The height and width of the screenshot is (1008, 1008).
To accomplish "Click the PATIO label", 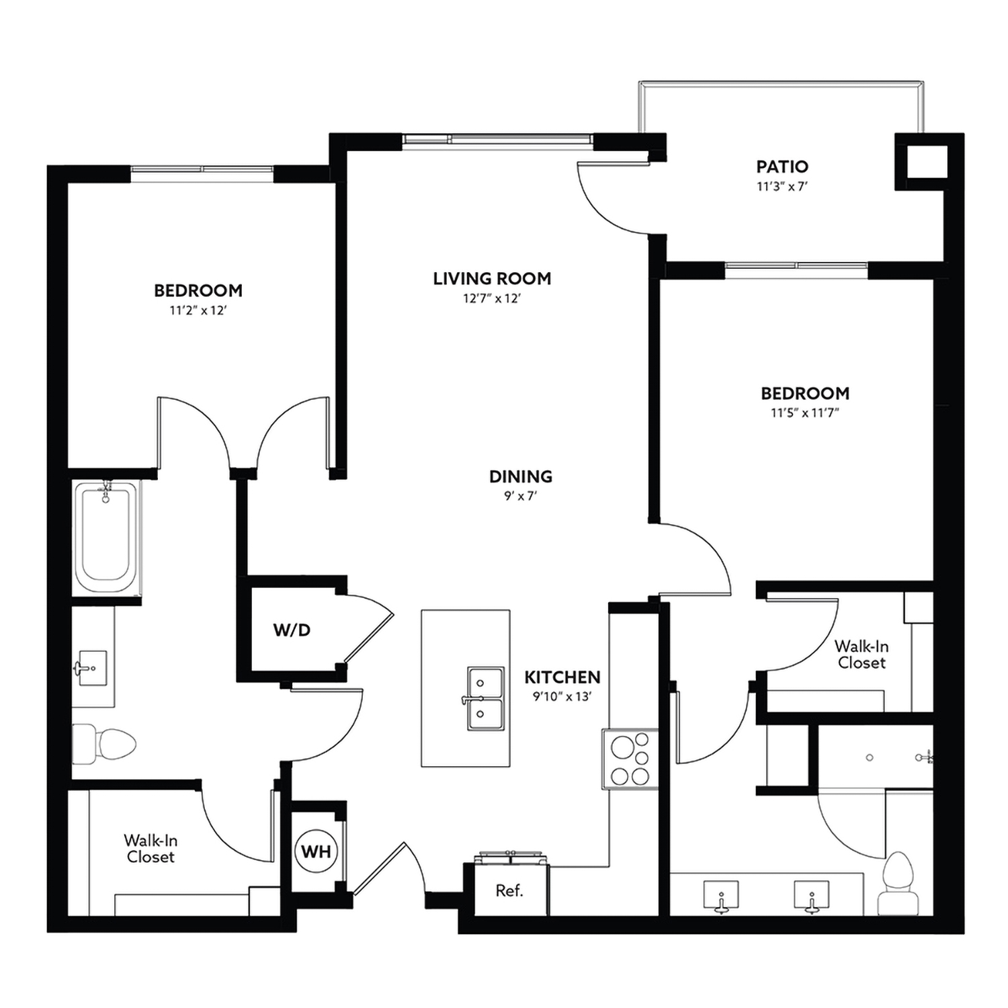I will click(782, 167).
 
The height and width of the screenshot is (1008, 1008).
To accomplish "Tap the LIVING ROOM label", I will click(492, 278).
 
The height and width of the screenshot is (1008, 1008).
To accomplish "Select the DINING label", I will click(520, 476).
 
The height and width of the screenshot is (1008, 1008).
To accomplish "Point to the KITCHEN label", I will click(562, 677).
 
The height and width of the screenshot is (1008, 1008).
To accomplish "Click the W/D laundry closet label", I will click(292, 630).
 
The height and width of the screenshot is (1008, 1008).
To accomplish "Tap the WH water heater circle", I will click(316, 851).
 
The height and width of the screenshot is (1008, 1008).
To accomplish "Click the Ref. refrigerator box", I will click(509, 891).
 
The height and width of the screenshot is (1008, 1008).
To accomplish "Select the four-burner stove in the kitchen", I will click(630, 759).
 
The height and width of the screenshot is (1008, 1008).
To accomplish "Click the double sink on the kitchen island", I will click(485, 698).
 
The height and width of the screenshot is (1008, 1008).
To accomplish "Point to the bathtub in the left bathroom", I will click(106, 536).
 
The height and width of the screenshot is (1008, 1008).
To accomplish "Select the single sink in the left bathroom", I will click(91, 668).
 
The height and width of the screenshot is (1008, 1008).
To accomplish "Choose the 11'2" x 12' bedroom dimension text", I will click(198, 310).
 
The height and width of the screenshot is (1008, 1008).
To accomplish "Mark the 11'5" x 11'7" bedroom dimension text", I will click(804, 413).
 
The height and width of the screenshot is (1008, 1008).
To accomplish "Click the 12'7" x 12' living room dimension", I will click(492, 298).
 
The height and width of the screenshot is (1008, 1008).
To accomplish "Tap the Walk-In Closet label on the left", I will click(151, 848).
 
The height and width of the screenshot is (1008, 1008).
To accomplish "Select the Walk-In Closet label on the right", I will click(862, 655).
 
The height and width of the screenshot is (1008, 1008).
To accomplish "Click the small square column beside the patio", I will click(926, 161).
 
